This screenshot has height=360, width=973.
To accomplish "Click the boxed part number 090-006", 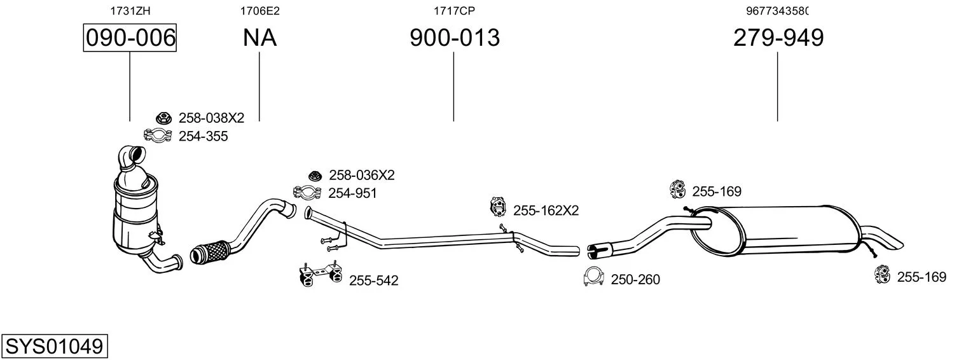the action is [130, 38].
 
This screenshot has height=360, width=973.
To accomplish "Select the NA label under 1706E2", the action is [259, 38].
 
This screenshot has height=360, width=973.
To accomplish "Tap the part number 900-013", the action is [454, 38].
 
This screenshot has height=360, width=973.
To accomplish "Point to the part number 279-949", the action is [778, 38].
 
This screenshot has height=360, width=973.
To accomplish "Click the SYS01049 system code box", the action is [55, 347].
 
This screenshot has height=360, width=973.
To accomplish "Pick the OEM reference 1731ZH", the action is [130, 11].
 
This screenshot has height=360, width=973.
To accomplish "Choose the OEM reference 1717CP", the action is [454, 11].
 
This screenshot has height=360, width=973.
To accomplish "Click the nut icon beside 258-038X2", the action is [164, 118].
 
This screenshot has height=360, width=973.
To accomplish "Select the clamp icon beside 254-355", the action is [158, 135].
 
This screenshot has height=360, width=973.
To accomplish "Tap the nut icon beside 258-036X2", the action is [315, 176].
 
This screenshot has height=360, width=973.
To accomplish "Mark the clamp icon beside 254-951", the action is [307, 192].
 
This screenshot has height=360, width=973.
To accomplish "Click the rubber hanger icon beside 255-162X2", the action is [498, 207].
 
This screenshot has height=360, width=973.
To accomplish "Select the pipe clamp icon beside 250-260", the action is [594, 276].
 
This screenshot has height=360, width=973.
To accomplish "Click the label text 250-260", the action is [635, 280].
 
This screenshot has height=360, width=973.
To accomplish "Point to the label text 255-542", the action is [373, 280].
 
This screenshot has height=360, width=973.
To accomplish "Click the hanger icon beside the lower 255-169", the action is [882, 274].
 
